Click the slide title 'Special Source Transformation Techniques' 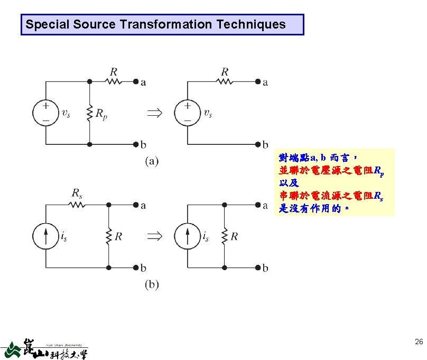pyautogui.click(x=155, y=24)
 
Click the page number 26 pyautogui.click(x=419, y=343)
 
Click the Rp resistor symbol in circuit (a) pyautogui.click(x=90, y=112)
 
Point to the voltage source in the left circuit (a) pyautogui.click(x=46, y=113)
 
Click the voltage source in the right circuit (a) pyautogui.click(x=188, y=113)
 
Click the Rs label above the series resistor pyautogui.click(x=77, y=192)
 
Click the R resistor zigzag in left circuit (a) pyautogui.click(x=113, y=81)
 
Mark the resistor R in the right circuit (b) pyautogui.click(x=224, y=236)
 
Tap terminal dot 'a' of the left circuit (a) pyautogui.click(x=136, y=81)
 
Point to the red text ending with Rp pyautogui.click(x=331, y=170)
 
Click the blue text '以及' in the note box pyautogui.click(x=289, y=183)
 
